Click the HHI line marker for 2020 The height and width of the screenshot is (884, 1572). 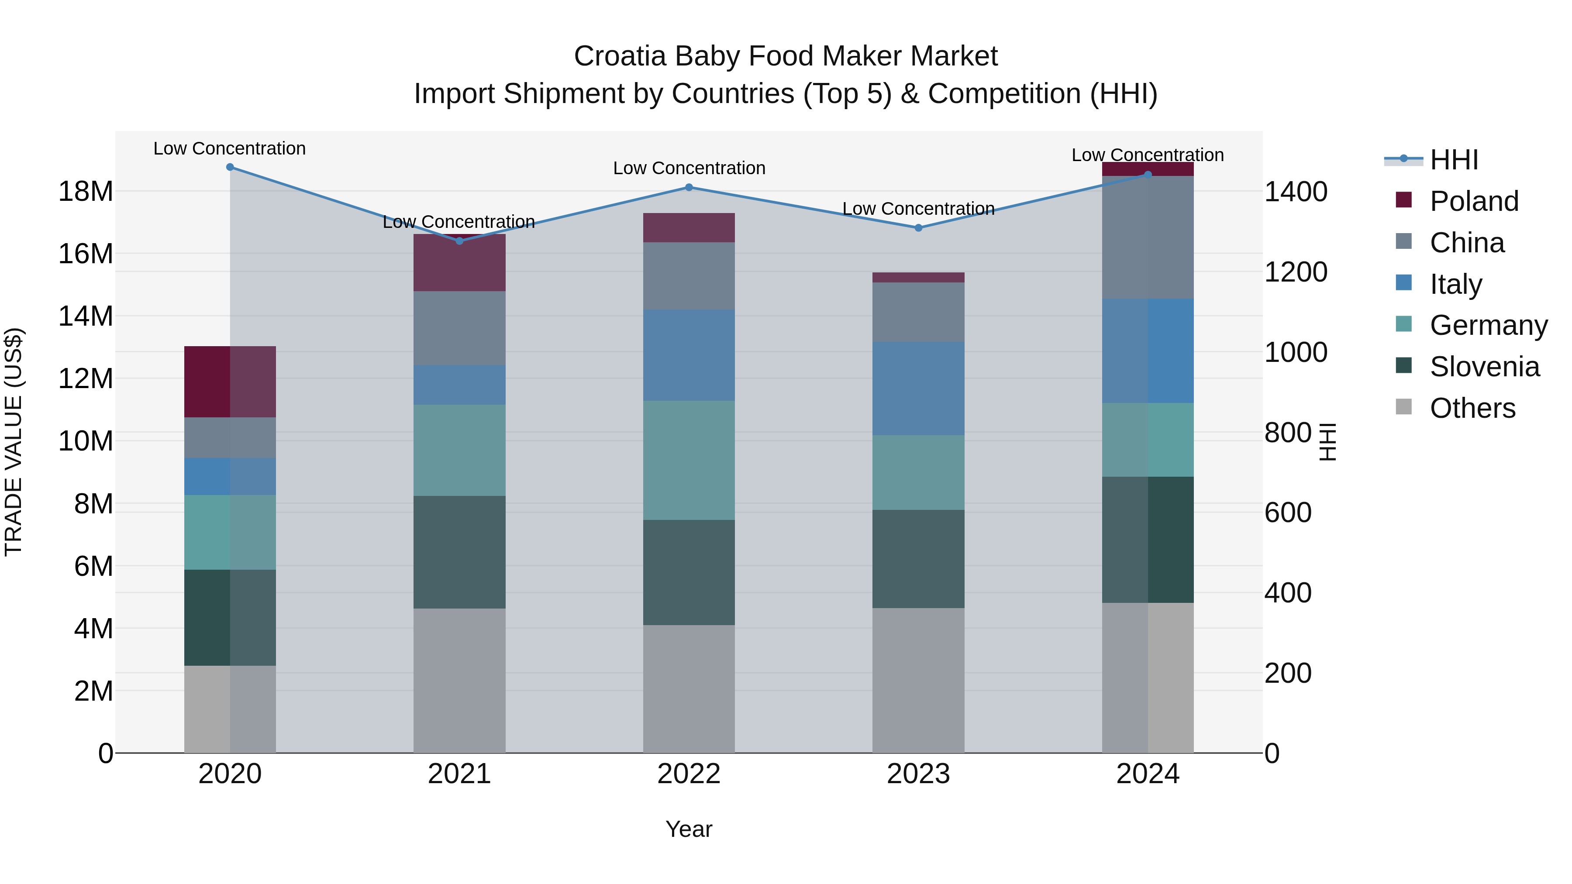230,167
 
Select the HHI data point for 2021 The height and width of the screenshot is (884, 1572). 459,241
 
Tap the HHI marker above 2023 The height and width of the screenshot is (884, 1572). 918,227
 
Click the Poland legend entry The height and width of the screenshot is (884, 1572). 1473,201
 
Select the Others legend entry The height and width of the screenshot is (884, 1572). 1472,408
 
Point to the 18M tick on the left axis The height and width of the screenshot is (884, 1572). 86,192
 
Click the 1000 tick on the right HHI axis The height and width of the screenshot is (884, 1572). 1295,353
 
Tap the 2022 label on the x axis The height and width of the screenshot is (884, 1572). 689,774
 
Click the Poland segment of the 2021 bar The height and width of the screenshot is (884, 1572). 459,263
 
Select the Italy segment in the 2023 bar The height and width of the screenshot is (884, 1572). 918,389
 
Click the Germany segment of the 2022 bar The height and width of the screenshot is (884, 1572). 689,461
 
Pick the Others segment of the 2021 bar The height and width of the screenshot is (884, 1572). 459,680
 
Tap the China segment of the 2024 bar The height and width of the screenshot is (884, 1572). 1147,237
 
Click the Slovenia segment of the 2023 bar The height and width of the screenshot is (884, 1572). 918,559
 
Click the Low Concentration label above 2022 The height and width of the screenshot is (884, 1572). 689,169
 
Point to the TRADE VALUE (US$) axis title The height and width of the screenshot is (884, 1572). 14,442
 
